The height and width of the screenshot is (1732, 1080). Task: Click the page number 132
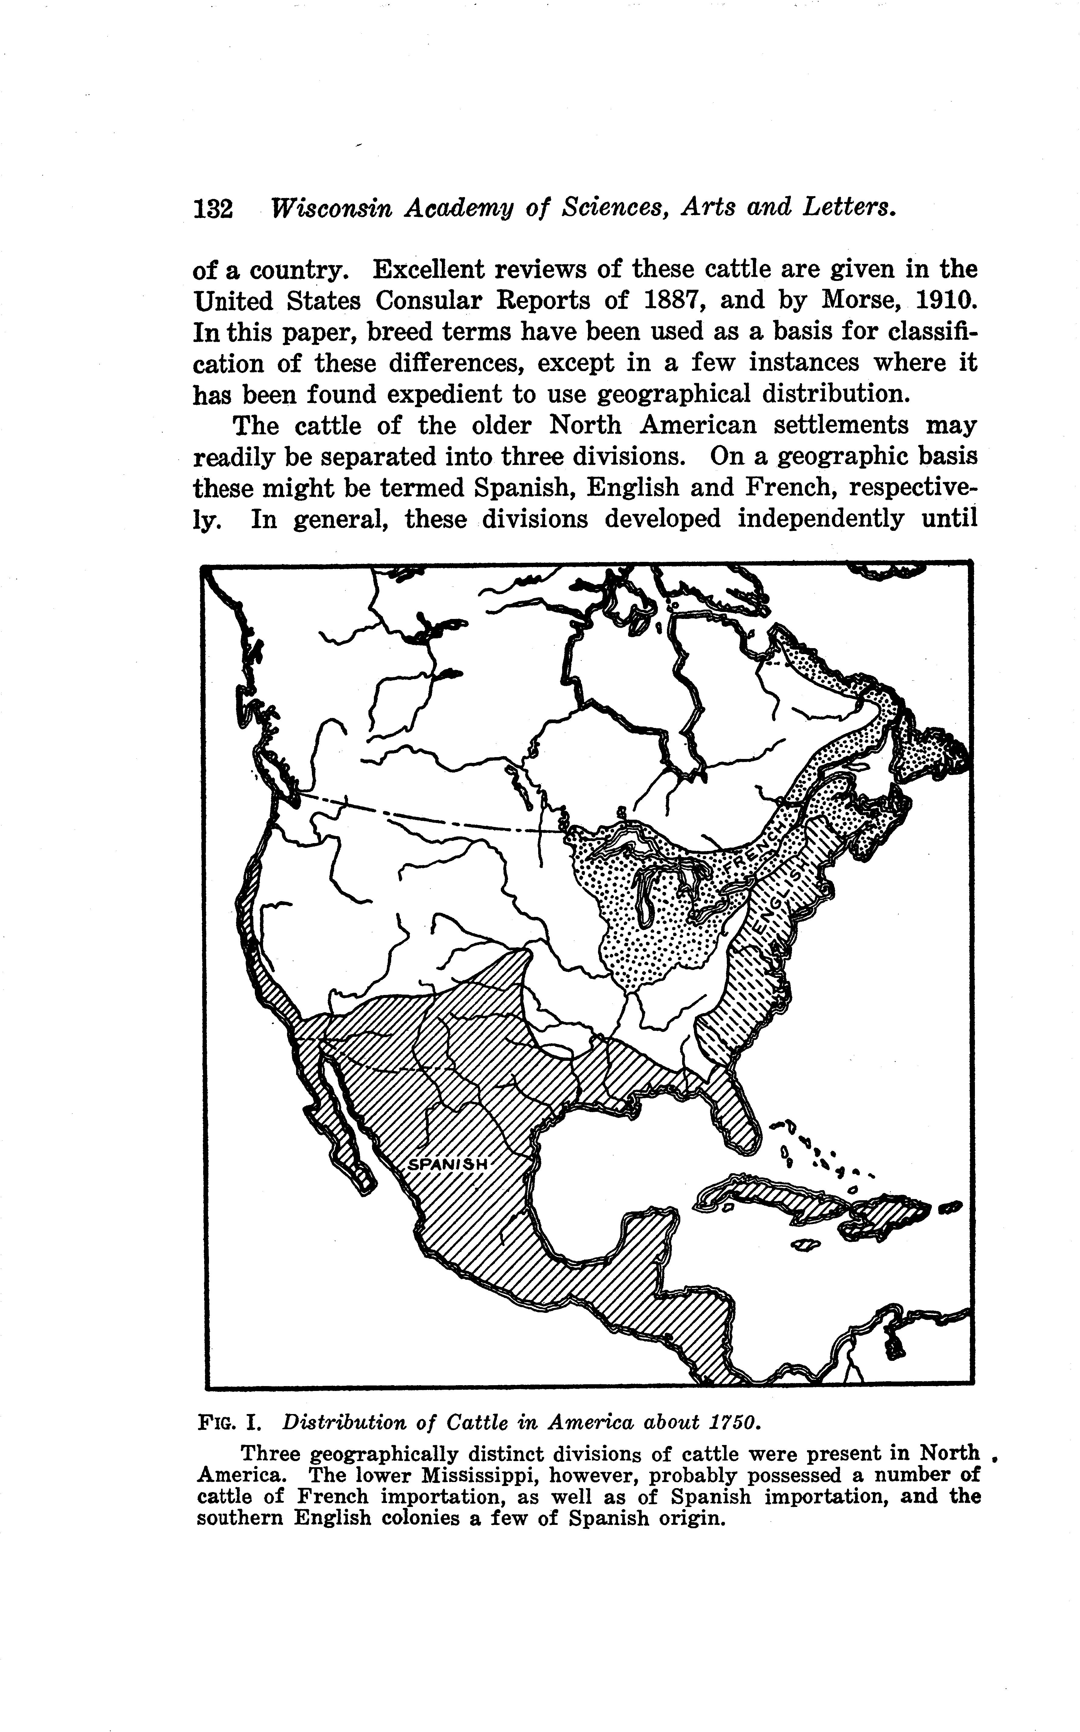coord(213,209)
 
